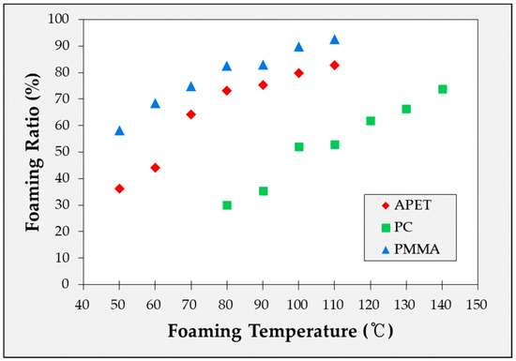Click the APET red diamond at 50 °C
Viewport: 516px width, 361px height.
119,188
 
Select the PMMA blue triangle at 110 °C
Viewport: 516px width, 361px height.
335,39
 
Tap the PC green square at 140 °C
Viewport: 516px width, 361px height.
443,89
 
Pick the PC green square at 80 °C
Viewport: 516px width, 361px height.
227,205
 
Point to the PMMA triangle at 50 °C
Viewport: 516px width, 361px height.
119,130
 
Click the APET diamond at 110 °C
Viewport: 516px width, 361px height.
335,65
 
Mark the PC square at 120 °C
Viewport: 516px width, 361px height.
371,121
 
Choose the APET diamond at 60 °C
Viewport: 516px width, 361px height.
155,168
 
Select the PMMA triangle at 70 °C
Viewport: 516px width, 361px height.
190,86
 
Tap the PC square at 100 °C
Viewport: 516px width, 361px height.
299,147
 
